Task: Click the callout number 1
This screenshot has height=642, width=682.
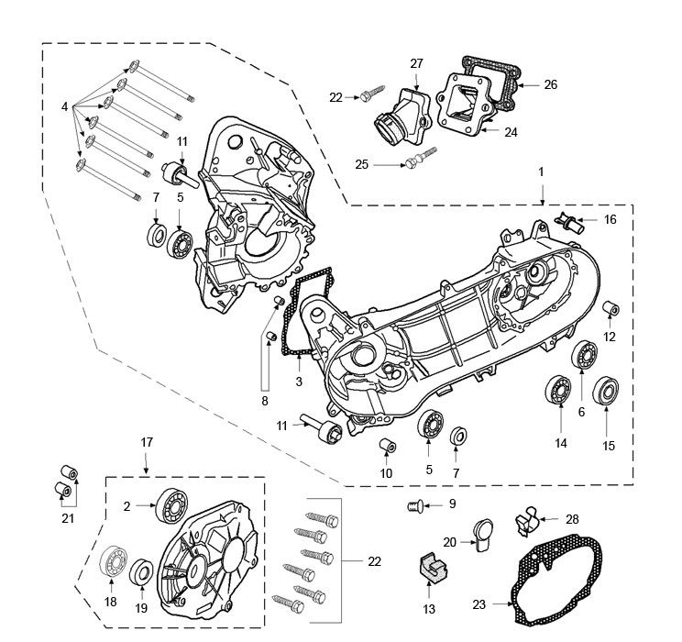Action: coord(541,172)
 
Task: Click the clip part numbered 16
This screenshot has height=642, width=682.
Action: coord(570,221)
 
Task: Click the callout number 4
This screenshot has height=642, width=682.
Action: coord(65,106)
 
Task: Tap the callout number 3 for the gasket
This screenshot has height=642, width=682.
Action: coord(297,381)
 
